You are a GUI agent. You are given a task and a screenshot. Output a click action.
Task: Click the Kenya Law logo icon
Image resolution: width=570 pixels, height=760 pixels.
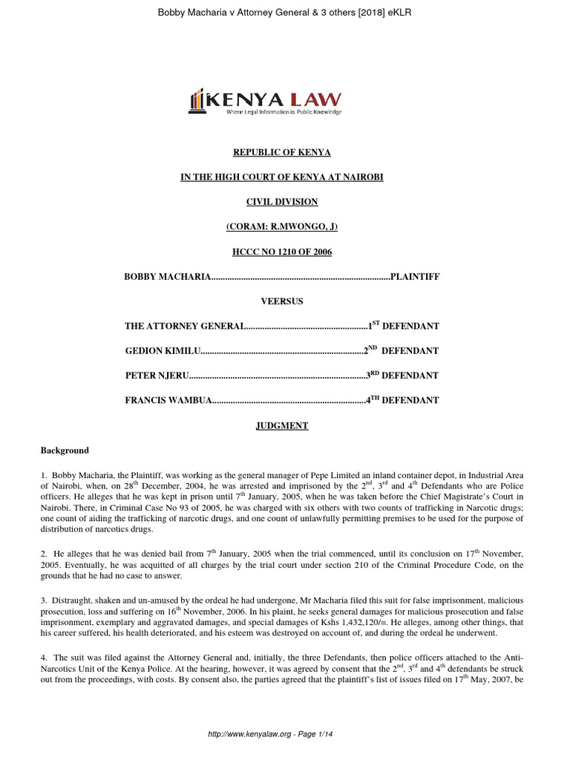(197, 102)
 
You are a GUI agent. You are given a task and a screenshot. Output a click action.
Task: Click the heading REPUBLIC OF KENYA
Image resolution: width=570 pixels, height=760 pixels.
(282, 152)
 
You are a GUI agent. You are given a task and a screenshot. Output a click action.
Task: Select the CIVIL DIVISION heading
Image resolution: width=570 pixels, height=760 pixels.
(282, 202)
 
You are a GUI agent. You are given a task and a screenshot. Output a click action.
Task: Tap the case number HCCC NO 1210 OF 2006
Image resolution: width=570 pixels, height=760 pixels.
(282, 252)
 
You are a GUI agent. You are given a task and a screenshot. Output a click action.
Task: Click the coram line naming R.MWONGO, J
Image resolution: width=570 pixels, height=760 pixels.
(282, 226)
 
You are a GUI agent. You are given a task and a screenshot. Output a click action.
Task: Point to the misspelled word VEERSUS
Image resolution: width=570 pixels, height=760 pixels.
(282, 301)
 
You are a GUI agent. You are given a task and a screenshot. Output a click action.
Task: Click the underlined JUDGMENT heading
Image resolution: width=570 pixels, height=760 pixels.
(282, 425)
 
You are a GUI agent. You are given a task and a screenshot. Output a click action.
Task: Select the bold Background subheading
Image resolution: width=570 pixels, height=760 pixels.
(64, 451)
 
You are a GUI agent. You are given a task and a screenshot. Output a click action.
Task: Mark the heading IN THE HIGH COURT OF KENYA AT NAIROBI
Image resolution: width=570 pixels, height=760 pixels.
(282, 177)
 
